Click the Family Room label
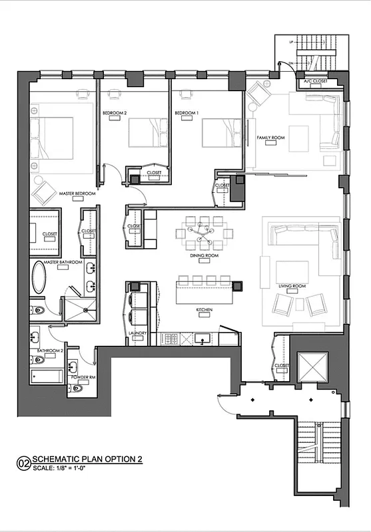(270, 138)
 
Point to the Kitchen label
(204, 311)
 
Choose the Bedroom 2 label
(115, 113)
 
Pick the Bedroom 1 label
(186, 113)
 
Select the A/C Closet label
(315, 82)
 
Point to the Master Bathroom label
(63, 263)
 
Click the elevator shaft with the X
(310, 367)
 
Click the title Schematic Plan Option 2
(87, 459)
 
